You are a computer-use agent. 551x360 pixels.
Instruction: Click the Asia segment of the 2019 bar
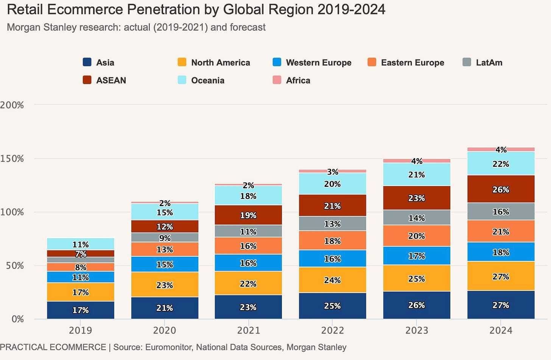[x=81, y=310]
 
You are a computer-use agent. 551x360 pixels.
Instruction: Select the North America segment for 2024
[x=501, y=276]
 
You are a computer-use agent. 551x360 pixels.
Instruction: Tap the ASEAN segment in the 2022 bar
[x=332, y=205]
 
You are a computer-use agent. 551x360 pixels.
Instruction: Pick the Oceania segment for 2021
[x=248, y=196]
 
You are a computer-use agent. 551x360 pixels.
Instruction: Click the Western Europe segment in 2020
[x=165, y=264]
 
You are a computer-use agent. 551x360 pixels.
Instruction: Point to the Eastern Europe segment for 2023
[x=417, y=236]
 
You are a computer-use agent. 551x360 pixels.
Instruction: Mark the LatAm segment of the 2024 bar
[x=501, y=211]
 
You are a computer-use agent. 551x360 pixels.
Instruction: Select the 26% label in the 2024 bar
[x=501, y=189]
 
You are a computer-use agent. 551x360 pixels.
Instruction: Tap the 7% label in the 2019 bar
[x=81, y=254]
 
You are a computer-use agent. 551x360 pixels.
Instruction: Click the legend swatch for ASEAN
[x=87, y=80]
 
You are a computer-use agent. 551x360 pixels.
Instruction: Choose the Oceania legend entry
[x=207, y=80]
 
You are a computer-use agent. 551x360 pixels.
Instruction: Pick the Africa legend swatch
[x=277, y=80]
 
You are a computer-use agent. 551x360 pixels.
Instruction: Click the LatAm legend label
[x=489, y=62]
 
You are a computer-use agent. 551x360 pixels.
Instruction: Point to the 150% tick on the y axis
[x=12, y=158]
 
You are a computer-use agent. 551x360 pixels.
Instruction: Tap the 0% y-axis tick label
[x=17, y=319]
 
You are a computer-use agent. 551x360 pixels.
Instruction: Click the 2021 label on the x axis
[x=248, y=331]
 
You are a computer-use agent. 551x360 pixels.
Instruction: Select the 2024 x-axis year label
[x=501, y=331]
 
